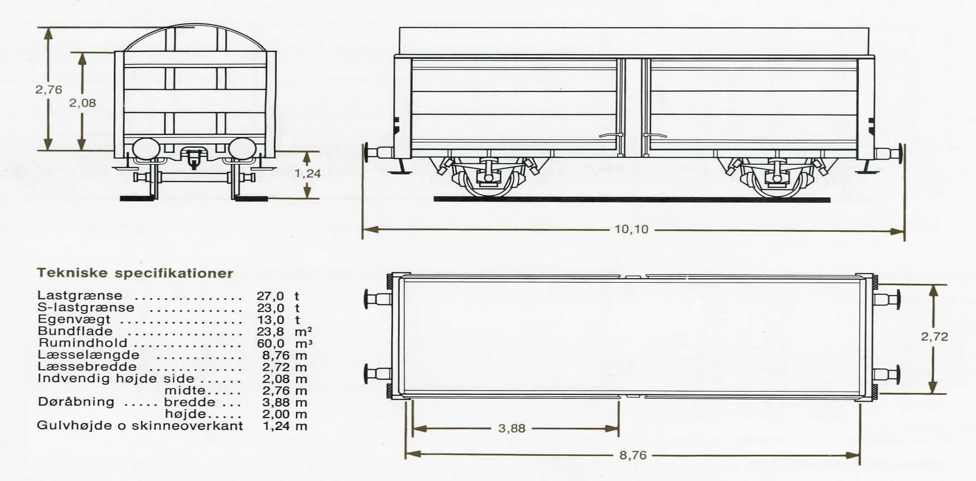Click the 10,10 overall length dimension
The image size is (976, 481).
pyautogui.click(x=632, y=230)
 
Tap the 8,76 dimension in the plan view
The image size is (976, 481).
pyautogui.click(x=633, y=456)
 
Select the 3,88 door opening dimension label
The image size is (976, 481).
pyautogui.click(x=512, y=428)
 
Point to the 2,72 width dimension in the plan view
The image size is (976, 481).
pyautogui.click(x=935, y=337)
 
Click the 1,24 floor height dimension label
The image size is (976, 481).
pyautogui.click(x=308, y=174)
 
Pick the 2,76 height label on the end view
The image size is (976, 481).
pyautogui.click(x=49, y=89)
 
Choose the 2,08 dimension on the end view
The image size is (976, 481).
pyautogui.click(x=82, y=103)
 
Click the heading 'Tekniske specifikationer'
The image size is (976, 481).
pyautogui.click(x=135, y=273)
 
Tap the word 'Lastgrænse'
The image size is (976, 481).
pyautogui.click(x=80, y=295)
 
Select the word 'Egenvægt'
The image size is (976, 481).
pyautogui.click(x=74, y=319)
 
